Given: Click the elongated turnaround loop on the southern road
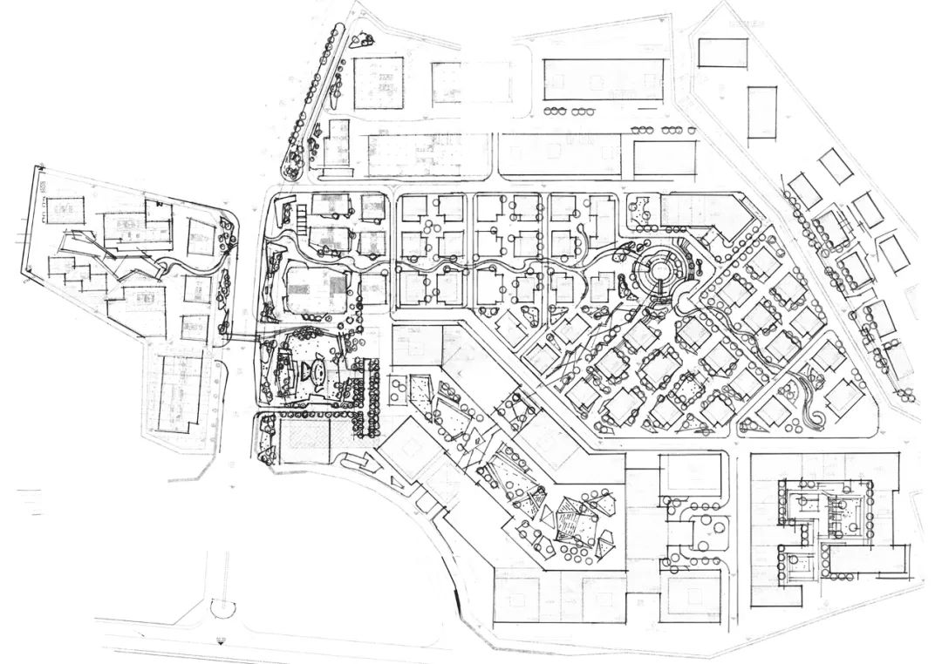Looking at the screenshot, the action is click(x=224, y=601).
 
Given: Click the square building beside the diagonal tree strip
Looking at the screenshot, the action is click(x=379, y=83).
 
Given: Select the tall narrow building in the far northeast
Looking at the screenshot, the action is click(x=761, y=112).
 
